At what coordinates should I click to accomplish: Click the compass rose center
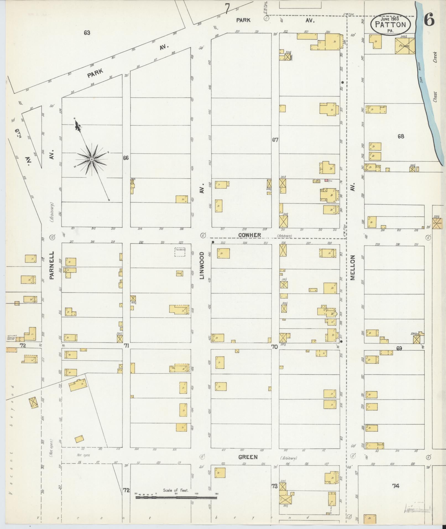coord(92,159)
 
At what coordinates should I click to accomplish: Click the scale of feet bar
coord(176,497)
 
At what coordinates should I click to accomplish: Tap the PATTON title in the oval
coord(390,25)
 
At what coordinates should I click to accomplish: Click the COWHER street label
coord(249,235)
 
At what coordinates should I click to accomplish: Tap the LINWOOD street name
coord(202,265)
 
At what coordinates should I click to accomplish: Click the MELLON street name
coord(353,268)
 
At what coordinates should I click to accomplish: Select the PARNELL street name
coord(52,265)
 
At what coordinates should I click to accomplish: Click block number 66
coord(126,158)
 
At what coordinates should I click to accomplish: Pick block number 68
coord(400,136)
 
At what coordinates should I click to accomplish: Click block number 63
coord(87,33)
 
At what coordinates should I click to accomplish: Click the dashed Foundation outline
coord(180,252)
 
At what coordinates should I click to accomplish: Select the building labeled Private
coord(405,46)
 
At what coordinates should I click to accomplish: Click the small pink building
coord(326,180)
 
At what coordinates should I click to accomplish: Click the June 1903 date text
coord(390,19)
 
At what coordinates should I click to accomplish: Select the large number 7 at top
coord(227,8)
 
